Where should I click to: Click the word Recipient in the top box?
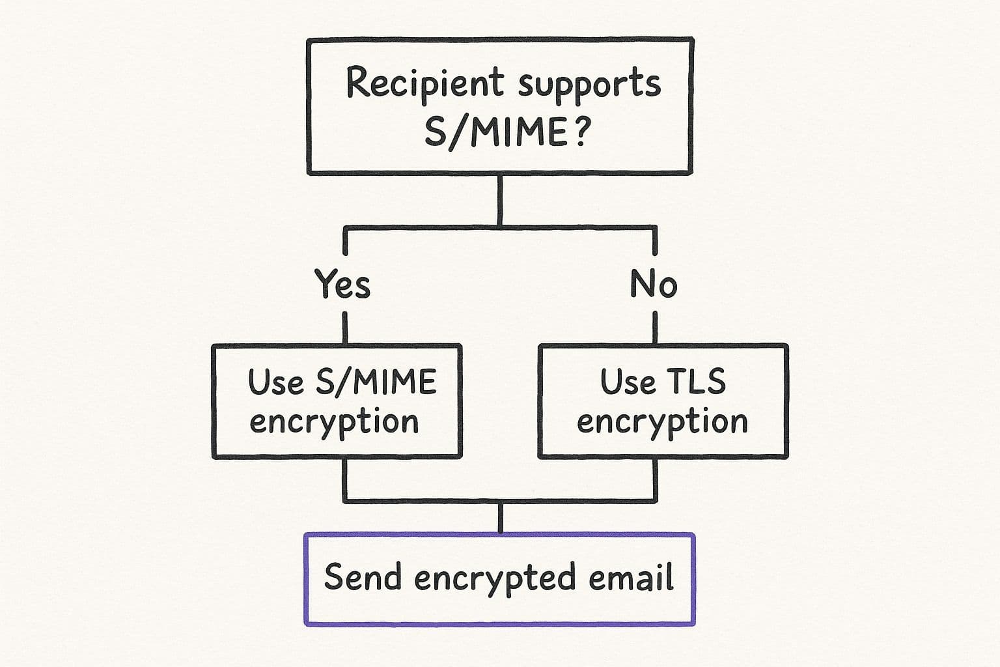point(424,83)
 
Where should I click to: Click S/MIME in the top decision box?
point(495,132)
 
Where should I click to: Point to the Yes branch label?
point(342,284)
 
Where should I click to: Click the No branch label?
point(654,284)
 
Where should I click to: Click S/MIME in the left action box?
point(376,382)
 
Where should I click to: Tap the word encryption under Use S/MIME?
point(334,422)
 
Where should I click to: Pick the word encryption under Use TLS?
point(662,422)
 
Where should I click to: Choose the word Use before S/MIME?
point(275,382)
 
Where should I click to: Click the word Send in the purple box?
point(363,577)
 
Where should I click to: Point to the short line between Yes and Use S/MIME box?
point(344,327)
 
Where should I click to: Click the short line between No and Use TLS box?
point(655,327)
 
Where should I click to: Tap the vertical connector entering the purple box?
point(500,518)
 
